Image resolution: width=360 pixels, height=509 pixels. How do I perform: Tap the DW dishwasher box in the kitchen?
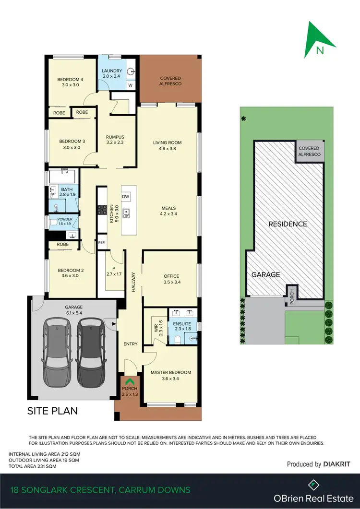126,197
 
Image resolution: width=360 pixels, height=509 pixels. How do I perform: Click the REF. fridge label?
101,243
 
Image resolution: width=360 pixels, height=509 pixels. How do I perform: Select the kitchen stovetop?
102,210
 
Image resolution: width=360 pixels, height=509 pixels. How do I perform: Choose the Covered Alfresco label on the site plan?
310,152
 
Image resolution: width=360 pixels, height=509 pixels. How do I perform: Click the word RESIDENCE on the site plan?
288,224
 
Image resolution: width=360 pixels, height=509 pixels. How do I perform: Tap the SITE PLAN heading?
52,411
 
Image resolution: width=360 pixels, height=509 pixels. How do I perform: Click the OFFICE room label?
171,276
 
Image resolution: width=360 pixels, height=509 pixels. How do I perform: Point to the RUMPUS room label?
115,137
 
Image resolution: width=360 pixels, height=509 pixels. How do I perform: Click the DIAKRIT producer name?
337,464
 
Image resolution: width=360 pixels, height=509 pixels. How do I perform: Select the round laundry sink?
129,71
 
